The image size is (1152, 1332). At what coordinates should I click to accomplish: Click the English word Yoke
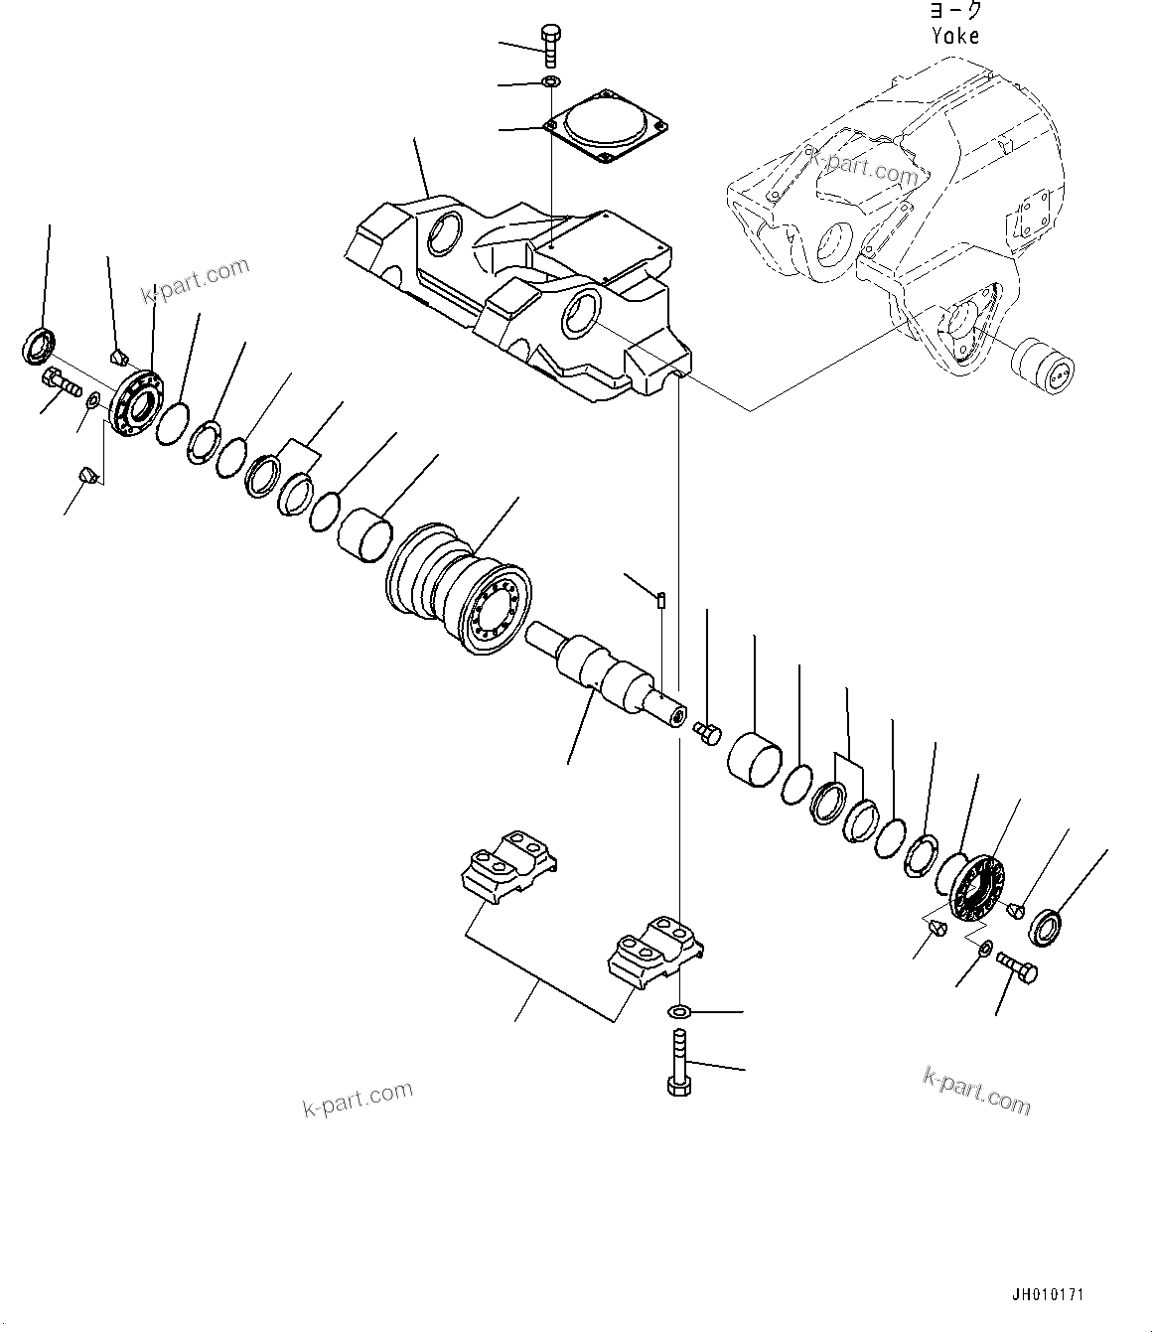(x=955, y=36)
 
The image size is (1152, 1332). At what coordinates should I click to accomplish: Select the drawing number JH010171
(x=1048, y=1296)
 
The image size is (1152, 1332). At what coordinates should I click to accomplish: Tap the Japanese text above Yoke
(x=955, y=11)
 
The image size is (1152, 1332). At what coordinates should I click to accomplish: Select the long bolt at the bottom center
(x=678, y=1062)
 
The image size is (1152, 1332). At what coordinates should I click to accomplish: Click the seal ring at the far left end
(x=38, y=347)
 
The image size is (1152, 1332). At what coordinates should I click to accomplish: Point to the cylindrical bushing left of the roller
(x=364, y=532)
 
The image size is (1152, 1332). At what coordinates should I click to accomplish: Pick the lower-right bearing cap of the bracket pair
(x=655, y=950)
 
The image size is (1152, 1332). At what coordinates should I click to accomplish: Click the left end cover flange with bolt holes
(x=132, y=402)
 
